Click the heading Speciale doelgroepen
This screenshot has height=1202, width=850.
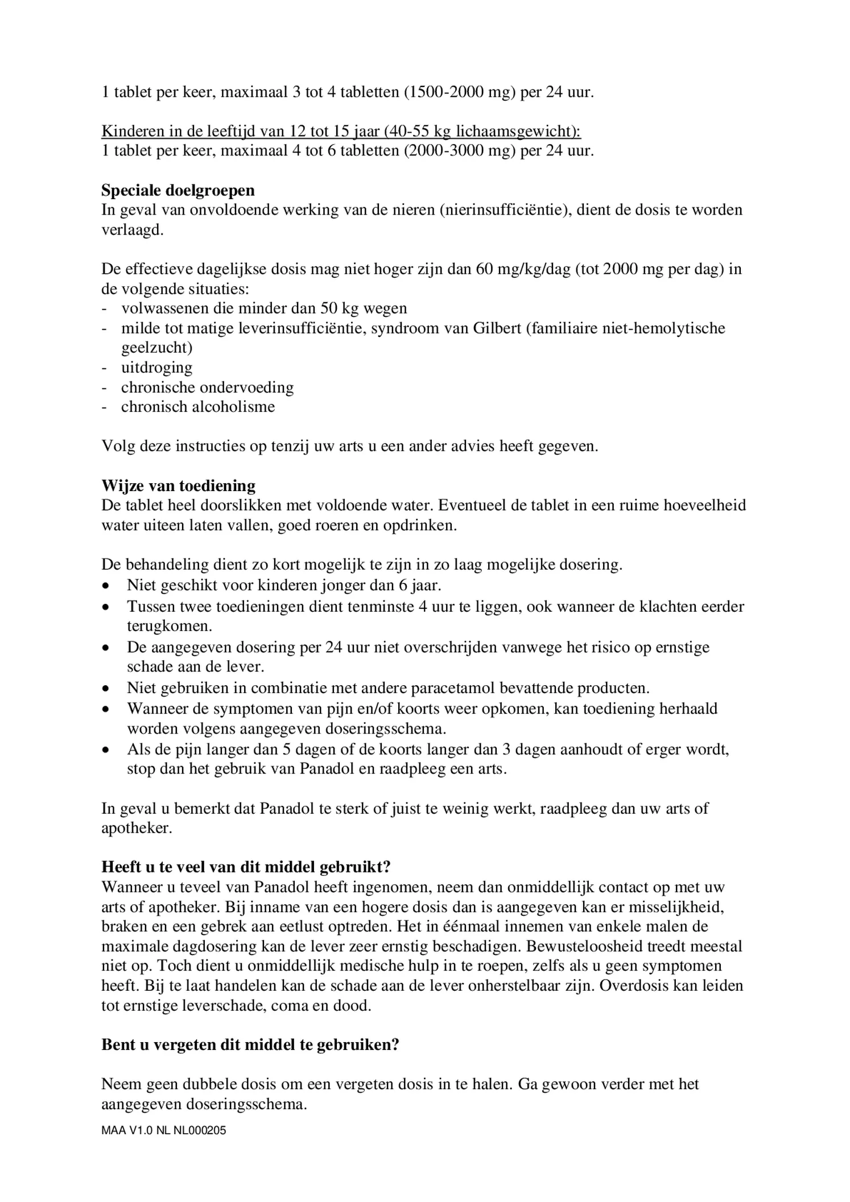[178, 190]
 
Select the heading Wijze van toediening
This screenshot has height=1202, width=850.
[178, 485]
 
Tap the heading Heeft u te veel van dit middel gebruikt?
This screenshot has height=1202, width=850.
[246, 867]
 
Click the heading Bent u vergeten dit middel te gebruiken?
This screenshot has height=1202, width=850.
[250, 1044]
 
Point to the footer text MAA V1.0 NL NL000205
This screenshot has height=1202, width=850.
[163, 1131]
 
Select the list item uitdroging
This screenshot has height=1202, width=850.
[156, 367]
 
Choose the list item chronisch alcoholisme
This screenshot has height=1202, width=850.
[197, 406]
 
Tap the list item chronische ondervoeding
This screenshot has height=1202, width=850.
[207, 387]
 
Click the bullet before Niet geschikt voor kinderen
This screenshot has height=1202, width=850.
[105, 586]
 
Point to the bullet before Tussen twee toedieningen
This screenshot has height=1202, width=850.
[105, 607]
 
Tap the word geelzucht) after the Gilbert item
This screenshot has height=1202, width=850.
[156, 347]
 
